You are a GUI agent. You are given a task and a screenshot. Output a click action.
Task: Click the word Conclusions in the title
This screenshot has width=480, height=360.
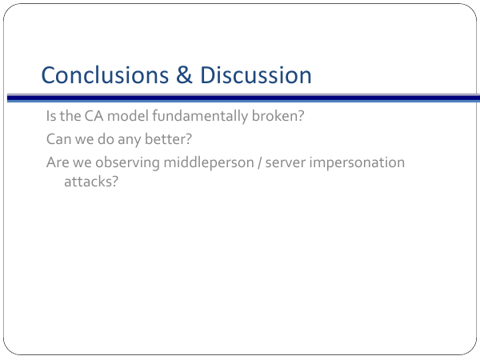(x=105, y=75)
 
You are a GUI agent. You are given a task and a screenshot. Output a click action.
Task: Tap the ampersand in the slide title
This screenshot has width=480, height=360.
(x=184, y=74)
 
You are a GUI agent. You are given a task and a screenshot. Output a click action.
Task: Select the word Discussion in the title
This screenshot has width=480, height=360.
(x=256, y=75)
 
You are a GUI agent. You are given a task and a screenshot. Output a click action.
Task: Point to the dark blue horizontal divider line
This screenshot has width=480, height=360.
(x=243, y=98)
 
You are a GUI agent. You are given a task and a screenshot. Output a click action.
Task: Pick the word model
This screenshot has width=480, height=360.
(x=128, y=116)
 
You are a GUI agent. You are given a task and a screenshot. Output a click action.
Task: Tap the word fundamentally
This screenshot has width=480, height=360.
(x=200, y=117)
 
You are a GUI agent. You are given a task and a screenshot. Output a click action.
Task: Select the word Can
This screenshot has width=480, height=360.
(x=58, y=139)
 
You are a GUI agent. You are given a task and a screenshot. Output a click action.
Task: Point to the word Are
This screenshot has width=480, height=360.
(x=58, y=162)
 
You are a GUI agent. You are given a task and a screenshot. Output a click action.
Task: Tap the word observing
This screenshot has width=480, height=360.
(x=127, y=163)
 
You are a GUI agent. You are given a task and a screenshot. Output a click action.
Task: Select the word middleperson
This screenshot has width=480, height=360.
(x=209, y=163)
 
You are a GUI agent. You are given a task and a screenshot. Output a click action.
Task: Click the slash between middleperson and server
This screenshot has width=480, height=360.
(x=259, y=163)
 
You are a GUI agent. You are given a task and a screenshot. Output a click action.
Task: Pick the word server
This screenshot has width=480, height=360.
(x=286, y=164)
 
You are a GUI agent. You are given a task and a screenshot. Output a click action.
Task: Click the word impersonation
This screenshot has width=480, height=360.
(x=357, y=163)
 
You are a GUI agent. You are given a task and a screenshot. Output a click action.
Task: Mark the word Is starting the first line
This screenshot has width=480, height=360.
(x=51, y=116)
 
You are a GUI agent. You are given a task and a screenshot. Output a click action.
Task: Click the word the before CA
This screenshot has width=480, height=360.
(x=70, y=116)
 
